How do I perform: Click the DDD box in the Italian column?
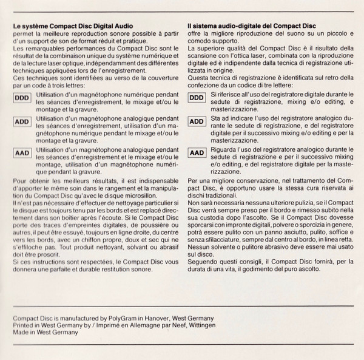pyautogui.click(x=197, y=97)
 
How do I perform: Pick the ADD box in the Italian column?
pyautogui.click(x=197, y=122)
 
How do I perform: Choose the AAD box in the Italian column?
pyautogui.click(x=197, y=152)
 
